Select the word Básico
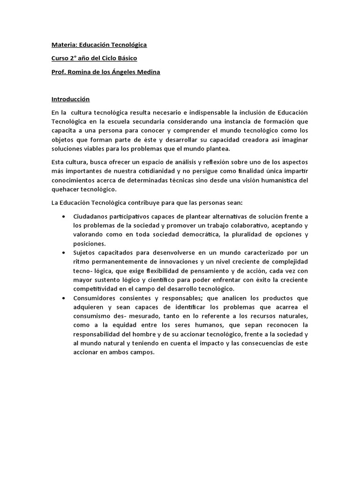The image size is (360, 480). coord(126,59)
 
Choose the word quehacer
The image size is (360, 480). coord(66,189)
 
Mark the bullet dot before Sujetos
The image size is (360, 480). coord(63,253)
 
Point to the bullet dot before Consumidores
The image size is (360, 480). coord(63,298)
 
